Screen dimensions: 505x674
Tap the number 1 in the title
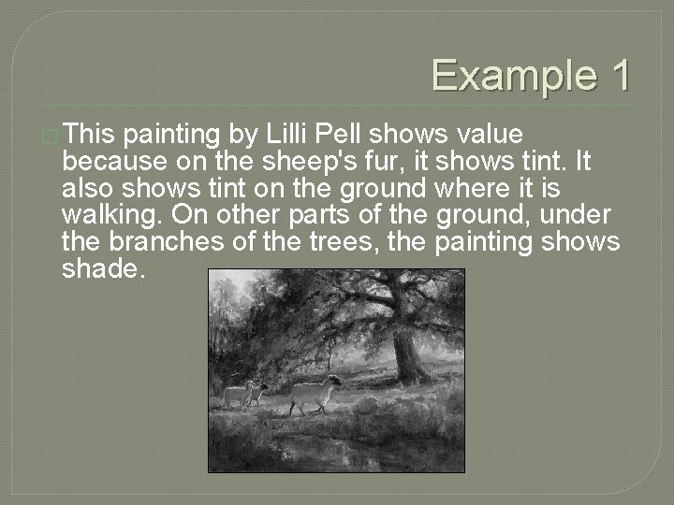point(619,76)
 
